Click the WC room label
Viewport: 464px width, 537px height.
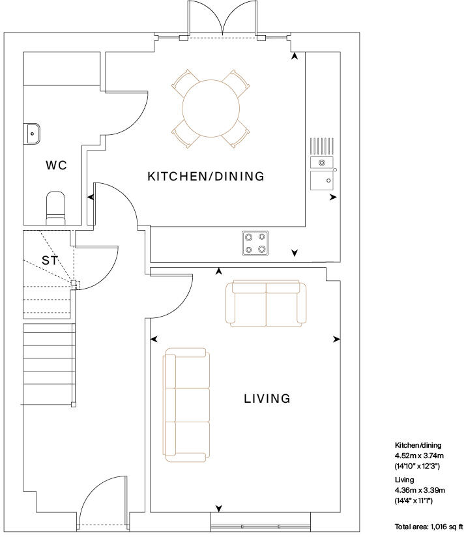click(57, 166)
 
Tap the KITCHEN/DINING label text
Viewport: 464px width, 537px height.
click(206, 177)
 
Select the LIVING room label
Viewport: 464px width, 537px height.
click(267, 398)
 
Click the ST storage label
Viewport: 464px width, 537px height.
click(50, 260)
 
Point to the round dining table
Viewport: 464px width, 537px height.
click(210, 109)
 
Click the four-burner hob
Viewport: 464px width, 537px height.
click(255, 244)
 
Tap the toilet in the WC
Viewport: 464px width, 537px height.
click(55, 208)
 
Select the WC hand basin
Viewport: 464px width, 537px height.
click(33, 134)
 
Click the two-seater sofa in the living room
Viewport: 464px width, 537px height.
click(266, 304)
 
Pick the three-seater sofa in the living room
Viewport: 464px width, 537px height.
click(186, 405)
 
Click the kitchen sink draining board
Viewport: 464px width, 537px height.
click(322, 146)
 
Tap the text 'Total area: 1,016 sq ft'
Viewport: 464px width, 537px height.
click(428, 527)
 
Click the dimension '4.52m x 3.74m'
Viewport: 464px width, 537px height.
click(419, 456)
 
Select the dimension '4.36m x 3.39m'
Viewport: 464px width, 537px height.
click(420, 490)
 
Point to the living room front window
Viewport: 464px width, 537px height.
click(261, 523)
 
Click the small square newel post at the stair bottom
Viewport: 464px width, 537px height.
click(73, 405)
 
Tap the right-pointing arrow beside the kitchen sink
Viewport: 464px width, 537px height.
click(333, 197)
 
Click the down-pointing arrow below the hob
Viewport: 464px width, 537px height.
click(295, 253)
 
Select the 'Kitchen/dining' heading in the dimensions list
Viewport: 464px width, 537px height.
click(418, 445)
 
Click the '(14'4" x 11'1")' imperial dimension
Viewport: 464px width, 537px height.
click(414, 501)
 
